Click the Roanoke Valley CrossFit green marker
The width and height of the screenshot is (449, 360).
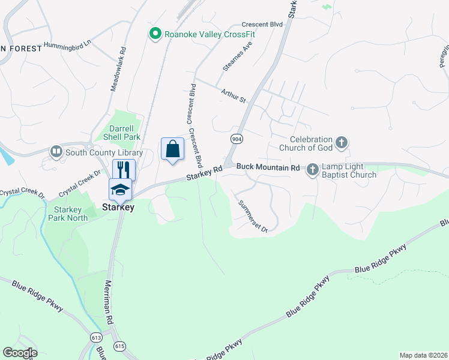(155, 34)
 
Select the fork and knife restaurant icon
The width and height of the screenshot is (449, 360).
(124, 169)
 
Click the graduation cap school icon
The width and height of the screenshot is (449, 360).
(120, 190)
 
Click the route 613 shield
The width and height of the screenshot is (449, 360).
(97, 338)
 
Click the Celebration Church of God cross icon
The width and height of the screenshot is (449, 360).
(342, 142)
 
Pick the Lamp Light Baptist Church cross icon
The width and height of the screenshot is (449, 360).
(312, 170)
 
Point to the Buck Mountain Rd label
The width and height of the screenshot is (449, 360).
(268, 167)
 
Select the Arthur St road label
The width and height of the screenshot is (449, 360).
(234, 95)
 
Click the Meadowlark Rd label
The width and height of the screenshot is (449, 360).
(118, 70)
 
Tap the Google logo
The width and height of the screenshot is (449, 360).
(20, 353)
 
